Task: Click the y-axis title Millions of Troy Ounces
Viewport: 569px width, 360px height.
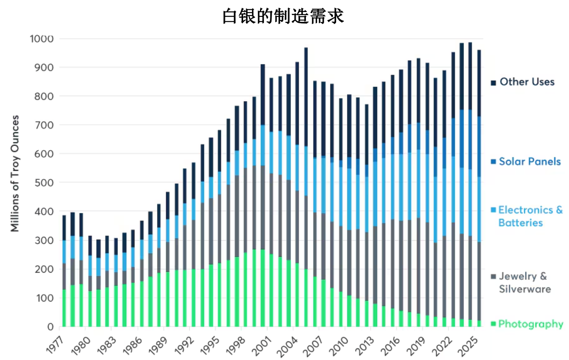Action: (x=15, y=173)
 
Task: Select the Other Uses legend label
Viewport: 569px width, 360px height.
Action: (x=527, y=82)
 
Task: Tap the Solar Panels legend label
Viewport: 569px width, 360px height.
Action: (x=529, y=161)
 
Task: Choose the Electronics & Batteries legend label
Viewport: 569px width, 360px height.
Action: (x=530, y=216)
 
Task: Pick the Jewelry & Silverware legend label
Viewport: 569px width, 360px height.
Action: (x=524, y=282)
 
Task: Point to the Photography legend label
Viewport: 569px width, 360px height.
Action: (x=530, y=324)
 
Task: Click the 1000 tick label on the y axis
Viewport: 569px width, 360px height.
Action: (x=41, y=39)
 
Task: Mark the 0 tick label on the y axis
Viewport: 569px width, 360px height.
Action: (x=50, y=327)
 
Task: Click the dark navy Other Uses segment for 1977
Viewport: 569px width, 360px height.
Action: (x=64, y=228)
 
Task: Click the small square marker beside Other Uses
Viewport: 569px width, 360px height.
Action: (x=493, y=83)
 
